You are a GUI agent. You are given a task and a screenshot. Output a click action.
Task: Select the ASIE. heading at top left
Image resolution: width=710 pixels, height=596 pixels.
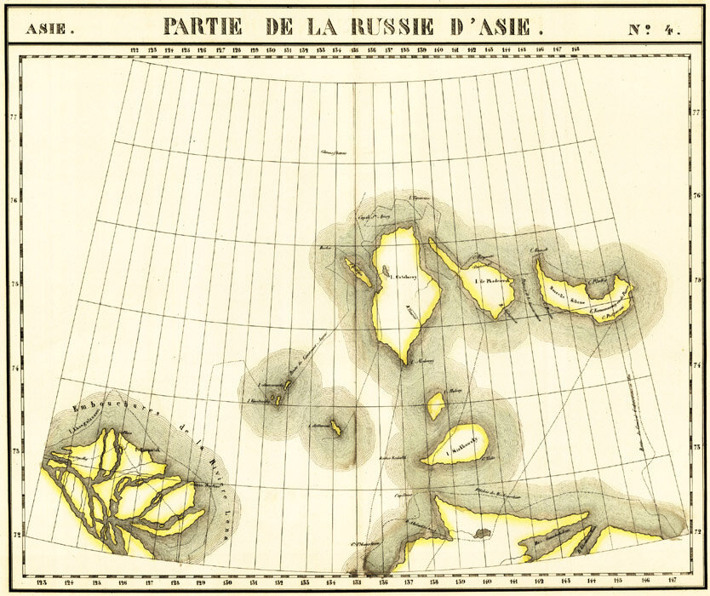[x=49, y=29]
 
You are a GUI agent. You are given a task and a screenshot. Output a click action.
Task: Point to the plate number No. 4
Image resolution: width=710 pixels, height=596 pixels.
[x=655, y=28]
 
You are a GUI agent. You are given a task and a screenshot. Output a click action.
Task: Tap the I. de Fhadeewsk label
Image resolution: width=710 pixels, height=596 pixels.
[x=479, y=282]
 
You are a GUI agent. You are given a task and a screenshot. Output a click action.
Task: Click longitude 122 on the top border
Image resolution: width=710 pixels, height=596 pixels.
[x=135, y=50]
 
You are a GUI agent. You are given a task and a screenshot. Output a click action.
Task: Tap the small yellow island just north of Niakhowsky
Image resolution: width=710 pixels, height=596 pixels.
[x=436, y=404]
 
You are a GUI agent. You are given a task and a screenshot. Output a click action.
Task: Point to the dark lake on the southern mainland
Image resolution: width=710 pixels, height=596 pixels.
[x=482, y=534]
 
